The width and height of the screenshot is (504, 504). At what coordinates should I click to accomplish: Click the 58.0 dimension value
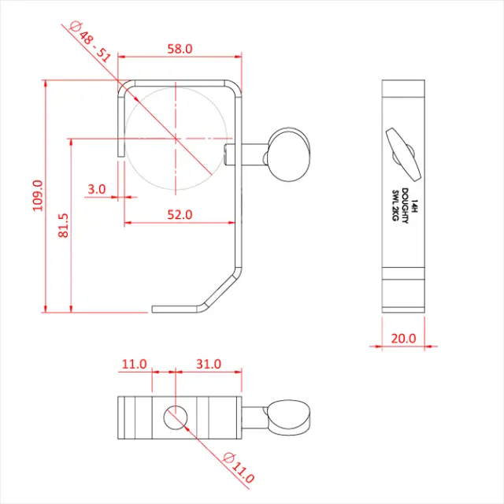click(x=179, y=49)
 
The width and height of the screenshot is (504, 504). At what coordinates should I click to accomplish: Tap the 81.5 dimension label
click(x=63, y=225)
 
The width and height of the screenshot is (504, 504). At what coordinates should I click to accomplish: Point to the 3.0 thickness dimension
click(x=97, y=189)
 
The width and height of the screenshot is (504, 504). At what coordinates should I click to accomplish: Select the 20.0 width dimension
click(x=403, y=338)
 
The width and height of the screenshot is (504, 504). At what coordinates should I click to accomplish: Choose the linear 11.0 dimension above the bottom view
click(x=134, y=364)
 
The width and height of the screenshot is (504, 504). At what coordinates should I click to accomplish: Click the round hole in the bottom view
click(x=174, y=417)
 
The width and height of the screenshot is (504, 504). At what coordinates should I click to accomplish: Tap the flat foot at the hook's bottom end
click(x=177, y=309)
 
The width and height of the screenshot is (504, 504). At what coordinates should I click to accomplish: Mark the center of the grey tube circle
click(x=175, y=138)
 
